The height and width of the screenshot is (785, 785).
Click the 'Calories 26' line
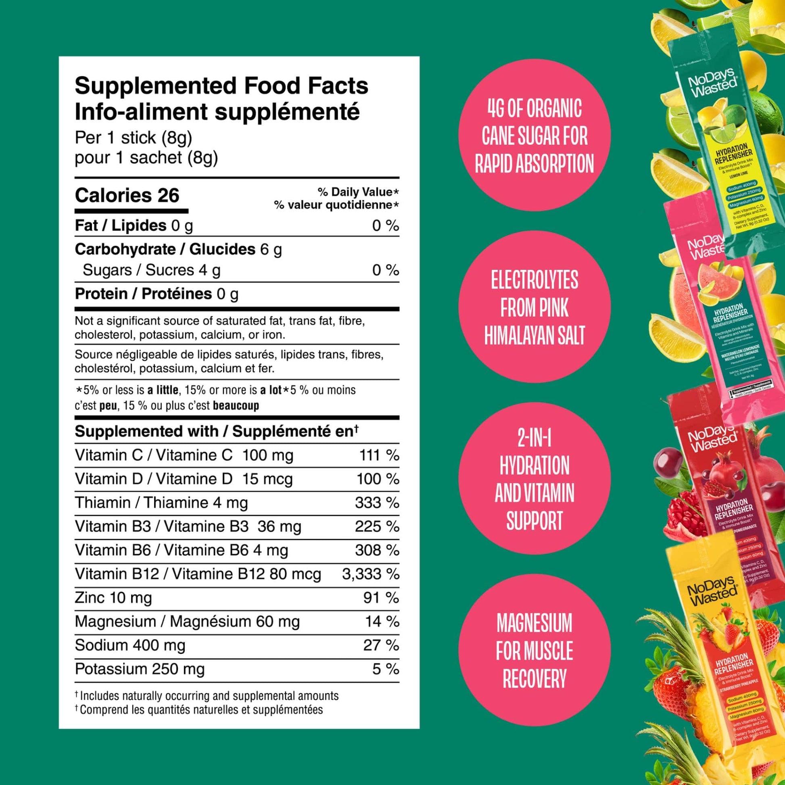click(127, 196)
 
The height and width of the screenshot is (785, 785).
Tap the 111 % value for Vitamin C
click(379, 455)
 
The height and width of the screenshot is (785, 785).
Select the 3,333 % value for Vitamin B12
click(370, 574)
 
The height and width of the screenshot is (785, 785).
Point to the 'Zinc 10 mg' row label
click(113, 598)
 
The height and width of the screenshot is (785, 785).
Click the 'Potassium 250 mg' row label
click(140, 669)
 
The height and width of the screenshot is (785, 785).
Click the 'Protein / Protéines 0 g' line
click(157, 294)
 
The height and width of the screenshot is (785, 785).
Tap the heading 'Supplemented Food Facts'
click(221, 86)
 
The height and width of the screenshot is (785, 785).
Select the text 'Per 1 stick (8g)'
click(133, 138)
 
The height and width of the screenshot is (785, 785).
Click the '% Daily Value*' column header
click(357, 192)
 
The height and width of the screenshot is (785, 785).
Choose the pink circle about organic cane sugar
click(534, 135)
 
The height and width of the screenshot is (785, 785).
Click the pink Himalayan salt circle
click(534, 307)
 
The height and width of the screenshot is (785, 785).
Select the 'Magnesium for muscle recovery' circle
click(534, 651)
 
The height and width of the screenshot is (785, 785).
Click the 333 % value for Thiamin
click(377, 503)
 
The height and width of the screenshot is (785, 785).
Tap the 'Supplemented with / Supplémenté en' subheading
click(217, 432)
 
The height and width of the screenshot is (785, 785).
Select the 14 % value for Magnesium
click(382, 621)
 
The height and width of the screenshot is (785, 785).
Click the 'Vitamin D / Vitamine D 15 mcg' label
click(184, 479)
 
